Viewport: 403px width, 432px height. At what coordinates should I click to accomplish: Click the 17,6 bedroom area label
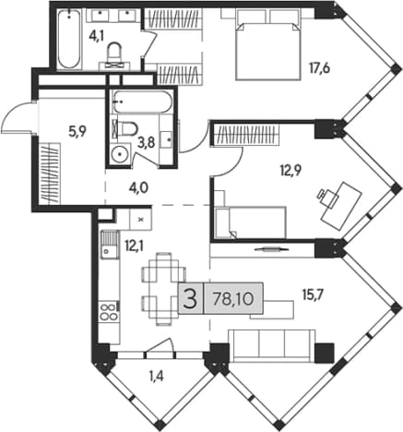[320, 68]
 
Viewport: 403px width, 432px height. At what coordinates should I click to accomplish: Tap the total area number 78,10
[233, 298]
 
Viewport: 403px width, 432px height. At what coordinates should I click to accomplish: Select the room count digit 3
[190, 299]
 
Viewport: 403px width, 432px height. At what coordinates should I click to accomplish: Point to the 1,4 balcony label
[156, 377]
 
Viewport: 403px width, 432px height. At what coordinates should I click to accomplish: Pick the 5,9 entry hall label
[77, 132]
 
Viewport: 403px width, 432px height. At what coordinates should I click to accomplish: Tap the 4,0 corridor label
[138, 187]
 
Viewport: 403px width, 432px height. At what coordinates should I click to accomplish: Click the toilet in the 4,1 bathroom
[114, 55]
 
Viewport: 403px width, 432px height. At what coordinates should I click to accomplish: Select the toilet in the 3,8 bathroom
[126, 128]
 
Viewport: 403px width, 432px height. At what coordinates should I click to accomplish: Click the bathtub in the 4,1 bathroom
[69, 39]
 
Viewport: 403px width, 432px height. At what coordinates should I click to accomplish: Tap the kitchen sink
[109, 245]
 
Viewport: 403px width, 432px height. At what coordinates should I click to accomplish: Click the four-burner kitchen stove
[109, 312]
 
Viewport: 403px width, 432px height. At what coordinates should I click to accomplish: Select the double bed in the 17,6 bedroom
[267, 44]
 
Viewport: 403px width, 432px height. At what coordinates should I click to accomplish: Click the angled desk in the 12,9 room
[341, 206]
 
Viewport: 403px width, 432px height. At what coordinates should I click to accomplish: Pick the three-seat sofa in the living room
[271, 345]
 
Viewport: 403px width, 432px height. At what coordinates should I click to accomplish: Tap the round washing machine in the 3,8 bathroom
[119, 155]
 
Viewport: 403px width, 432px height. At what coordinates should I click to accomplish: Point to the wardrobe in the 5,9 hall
[49, 174]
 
